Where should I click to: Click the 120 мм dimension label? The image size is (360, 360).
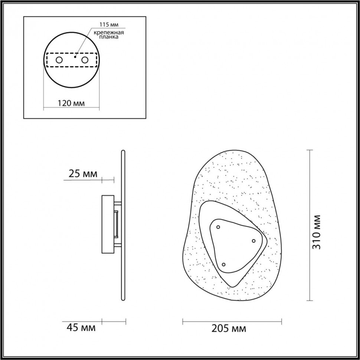tap(71, 103)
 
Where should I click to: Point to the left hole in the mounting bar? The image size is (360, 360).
tap(59, 60)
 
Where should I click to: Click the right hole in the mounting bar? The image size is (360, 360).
tap(85, 60)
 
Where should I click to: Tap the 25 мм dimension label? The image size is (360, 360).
tap(83, 173)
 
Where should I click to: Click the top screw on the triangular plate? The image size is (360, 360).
tap(218, 227)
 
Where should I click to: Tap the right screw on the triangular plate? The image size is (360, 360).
tap(254, 241)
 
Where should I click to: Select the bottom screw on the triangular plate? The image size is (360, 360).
tap(223, 264)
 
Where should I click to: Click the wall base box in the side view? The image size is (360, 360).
tap(108, 224)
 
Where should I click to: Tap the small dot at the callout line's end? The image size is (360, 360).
tap(75, 57)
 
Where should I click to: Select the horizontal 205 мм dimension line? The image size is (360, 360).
tap(232, 321)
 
